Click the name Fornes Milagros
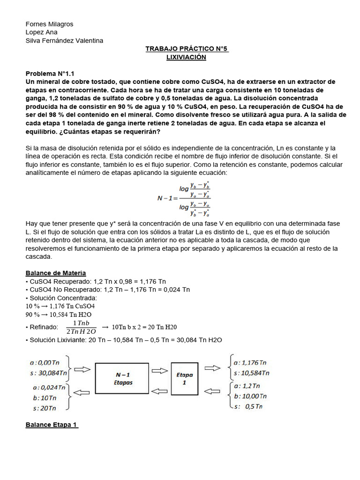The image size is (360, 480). pyautogui.click(x=49, y=24)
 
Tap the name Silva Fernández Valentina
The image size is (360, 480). pyautogui.click(x=64, y=41)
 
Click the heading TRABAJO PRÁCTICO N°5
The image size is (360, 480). pyautogui.click(x=187, y=49)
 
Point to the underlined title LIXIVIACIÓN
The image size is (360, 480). pyautogui.click(x=187, y=57)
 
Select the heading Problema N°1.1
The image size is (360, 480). pyautogui.click(x=50, y=74)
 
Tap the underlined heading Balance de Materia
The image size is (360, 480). pyautogui.click(x=55, y=273)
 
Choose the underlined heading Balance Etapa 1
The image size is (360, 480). pyautogui.click(x=52, y=425)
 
